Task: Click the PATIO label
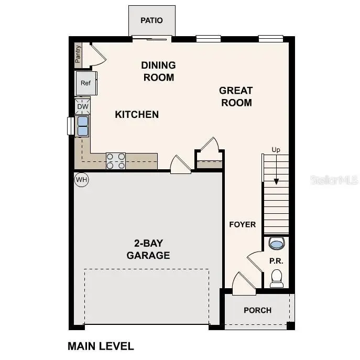[x=151, y=20]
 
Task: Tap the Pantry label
[x=78, y=54]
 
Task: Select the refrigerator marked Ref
[x=85, y=83]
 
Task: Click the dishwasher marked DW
[x=83, y=107]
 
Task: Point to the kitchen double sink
[x=83, y=126]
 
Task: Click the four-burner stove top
[x=116, y=160]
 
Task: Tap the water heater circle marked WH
[x=81, y=180]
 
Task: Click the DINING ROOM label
[x=158, y=71]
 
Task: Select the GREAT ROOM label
[x=236, y=96]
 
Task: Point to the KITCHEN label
[x=137, y=114]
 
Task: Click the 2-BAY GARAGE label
[x=148, y=249]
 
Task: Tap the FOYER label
[x=243, y=224]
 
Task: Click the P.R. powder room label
[x=276, y=260]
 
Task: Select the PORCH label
[x=257, y=310]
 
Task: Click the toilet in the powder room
[x=277, y=278]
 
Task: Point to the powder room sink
[x=276, y=243]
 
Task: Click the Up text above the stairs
[x=276, y=150]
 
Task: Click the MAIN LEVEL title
[x=101, y=346]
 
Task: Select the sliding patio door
[x=151, y=38]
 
